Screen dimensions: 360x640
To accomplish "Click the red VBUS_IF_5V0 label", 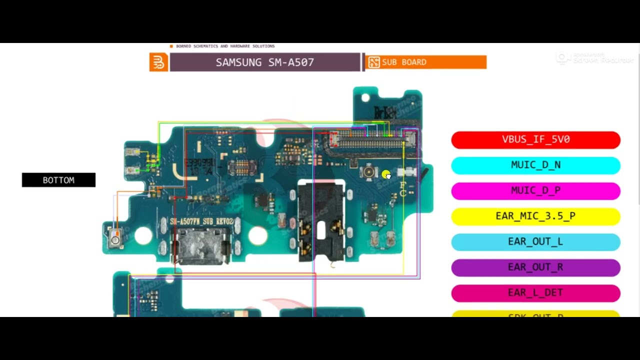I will [x=535, y=139].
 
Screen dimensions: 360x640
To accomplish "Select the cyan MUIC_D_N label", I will [x=535, y=165].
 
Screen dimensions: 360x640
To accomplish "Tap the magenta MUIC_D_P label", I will [x=535, y=190].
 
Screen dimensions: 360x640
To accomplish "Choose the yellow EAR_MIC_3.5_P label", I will [x=535, y=216].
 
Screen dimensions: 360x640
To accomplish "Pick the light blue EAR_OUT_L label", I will [x=535, y=241].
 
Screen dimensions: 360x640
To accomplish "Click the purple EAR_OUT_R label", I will [x=535, y=267].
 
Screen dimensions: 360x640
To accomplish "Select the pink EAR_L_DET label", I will [x=535, y=292].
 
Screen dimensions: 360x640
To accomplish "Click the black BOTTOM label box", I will [x=58, y=180].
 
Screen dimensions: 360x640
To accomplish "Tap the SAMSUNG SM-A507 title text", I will [x=264, y=62].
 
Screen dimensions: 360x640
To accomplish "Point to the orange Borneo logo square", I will [x=158, y=62].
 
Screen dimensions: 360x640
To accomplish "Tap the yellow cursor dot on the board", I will [x=385, y=174].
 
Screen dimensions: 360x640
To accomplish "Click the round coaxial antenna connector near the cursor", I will [x=369, y=172].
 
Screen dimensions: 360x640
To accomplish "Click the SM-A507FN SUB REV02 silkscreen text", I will [x=201, y=221].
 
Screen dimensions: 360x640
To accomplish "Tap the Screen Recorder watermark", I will [x=595, y=58].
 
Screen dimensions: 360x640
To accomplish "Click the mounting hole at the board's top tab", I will [x=365, y=97].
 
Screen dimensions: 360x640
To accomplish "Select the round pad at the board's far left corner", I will [x=115, y=240].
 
